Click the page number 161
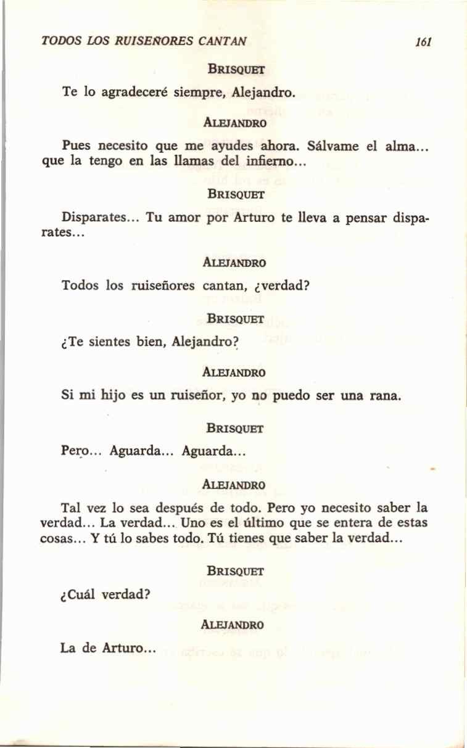click(x=423, y=42)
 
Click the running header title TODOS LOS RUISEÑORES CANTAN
click(x=144, y=42)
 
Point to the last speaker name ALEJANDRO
click(x=233, y=624)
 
